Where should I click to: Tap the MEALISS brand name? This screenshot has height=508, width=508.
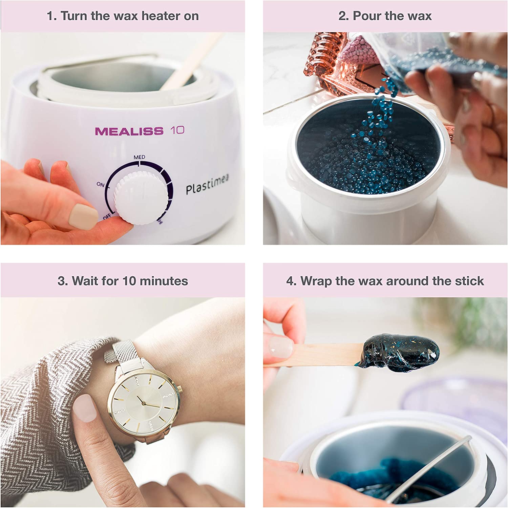[x=129, y=131]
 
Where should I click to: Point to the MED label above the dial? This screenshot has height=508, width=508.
[x=139, y=157]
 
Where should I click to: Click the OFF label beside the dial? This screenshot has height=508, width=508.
[x=107, y=216]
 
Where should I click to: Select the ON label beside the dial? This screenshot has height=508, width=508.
[x=100, y=184]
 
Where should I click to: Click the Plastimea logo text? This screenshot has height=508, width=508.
[x=207, y=185]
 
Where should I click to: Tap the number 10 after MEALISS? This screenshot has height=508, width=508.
[x=177, y=130]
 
